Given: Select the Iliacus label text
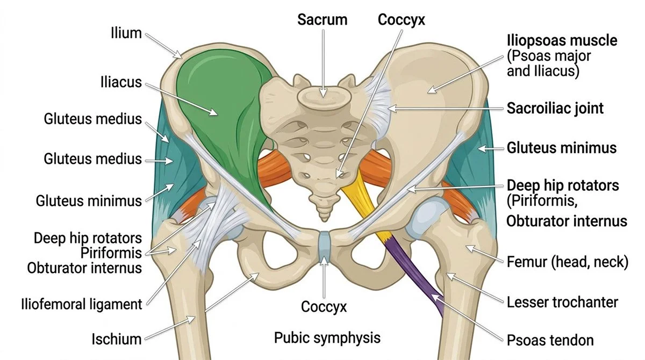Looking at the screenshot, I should pos(121,83).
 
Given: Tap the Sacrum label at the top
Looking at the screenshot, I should pos(322,20).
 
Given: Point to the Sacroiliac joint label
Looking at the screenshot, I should pos(555,108).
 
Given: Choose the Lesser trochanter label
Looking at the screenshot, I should pos(562,302).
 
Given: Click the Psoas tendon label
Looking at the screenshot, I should pos(550,340).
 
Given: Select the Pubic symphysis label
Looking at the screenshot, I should pos(327,338).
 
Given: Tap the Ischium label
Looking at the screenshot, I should pos(116,339).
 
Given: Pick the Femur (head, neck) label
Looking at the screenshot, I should pos(567,263).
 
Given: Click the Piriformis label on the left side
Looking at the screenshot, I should pos(112,253).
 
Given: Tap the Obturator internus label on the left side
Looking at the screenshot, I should pos(84,267).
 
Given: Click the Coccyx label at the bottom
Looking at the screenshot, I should pos(324,307).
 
